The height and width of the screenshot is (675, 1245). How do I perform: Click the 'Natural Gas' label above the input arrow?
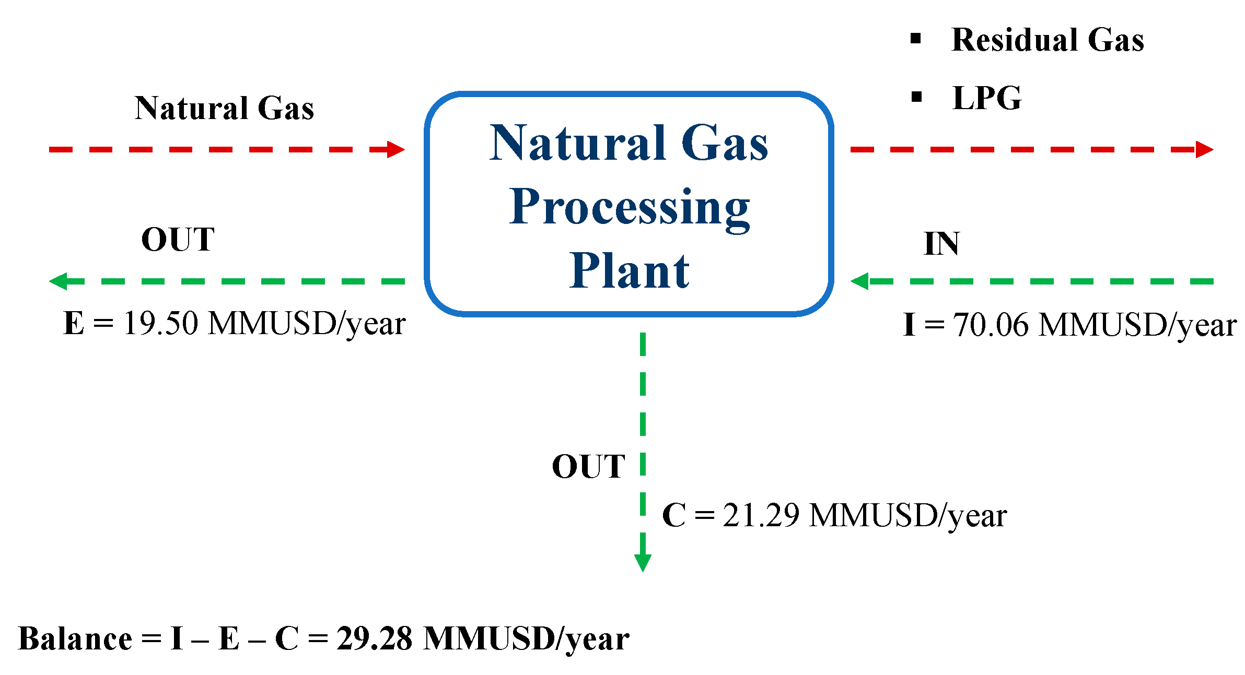[224, 108]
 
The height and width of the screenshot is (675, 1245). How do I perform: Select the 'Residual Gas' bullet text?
[1047, 40]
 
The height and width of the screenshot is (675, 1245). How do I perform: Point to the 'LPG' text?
[986, 98]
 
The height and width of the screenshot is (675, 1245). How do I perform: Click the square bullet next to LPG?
[916, 97]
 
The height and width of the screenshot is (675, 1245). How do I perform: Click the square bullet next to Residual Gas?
[915, 38]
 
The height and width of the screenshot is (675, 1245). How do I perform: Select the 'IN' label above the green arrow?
[941, 243]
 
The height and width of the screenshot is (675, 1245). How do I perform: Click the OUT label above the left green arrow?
[178, 240]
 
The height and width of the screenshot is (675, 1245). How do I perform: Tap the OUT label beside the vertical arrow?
[588, 466]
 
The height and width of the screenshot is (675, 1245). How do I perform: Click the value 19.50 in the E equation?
[161, 323]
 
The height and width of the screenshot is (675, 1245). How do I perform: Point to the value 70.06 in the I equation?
[991, 325]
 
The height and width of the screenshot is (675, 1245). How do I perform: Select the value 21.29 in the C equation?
[761, 516]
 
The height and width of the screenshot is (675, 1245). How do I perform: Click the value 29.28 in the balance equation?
[374, 638]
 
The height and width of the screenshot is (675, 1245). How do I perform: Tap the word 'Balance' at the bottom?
[75, 638]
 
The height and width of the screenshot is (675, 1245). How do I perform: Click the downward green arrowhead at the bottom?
[643, 563]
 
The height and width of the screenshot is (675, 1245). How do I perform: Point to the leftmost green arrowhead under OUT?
[59, 281]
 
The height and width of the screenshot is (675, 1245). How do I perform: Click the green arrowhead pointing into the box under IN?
[859, 281]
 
